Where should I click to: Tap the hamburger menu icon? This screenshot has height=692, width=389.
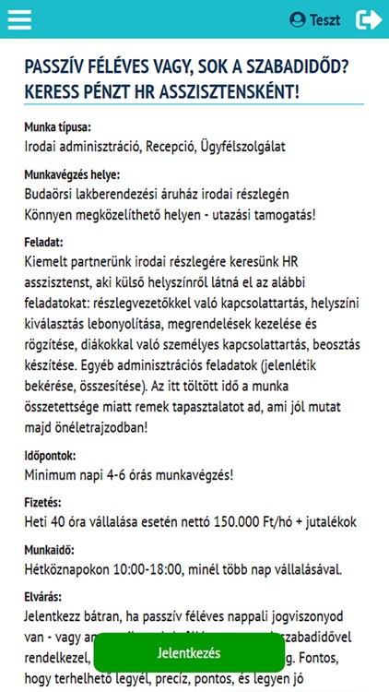coord(19,18)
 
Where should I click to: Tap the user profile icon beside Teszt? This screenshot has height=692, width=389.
coord(297,18)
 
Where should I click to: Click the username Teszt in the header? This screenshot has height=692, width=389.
coord(324,19)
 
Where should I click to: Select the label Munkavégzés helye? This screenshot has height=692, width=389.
coord(72,174)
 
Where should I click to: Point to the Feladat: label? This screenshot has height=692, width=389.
coord(43,241)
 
